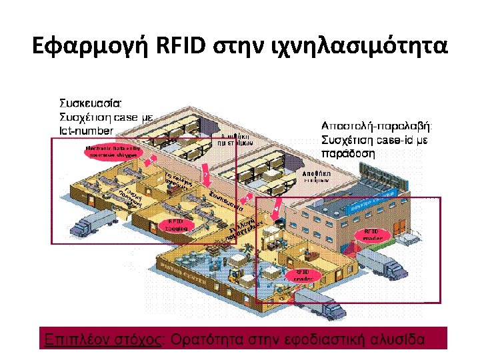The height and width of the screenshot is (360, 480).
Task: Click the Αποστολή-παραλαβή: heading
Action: click(x=377, y=125)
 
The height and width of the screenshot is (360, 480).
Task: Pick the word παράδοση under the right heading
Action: click(x=349, y=152)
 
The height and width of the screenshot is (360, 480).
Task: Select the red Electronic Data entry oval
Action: click(x=111, y=151)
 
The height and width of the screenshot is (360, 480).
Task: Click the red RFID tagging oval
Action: click(x=176, y=225)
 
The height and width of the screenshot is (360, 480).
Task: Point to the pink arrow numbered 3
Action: click(x=247, y=198)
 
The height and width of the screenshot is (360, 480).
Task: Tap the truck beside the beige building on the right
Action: click(x=392, y=268)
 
